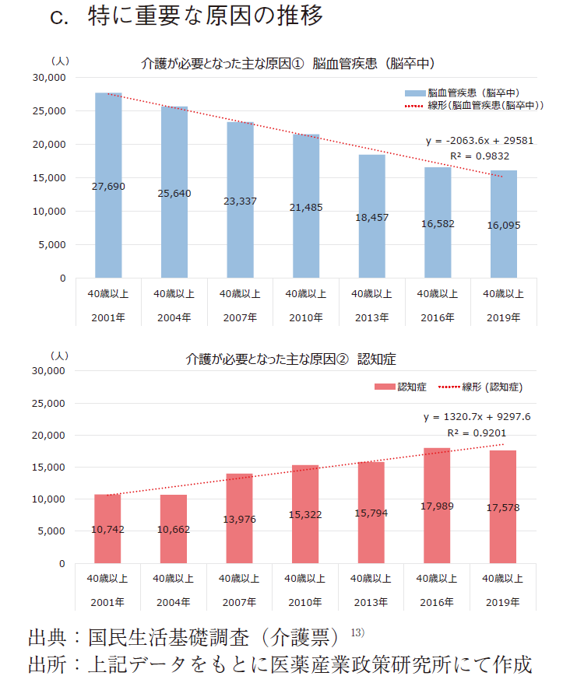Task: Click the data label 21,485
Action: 305,208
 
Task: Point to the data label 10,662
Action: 174,530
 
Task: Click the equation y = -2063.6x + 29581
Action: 479,141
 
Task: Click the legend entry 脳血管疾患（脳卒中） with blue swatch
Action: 467,92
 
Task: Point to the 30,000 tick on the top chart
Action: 50,78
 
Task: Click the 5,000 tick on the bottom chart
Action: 53,531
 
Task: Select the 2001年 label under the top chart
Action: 108,317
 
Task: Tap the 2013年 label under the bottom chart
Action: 371,602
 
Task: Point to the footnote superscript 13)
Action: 357,632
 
